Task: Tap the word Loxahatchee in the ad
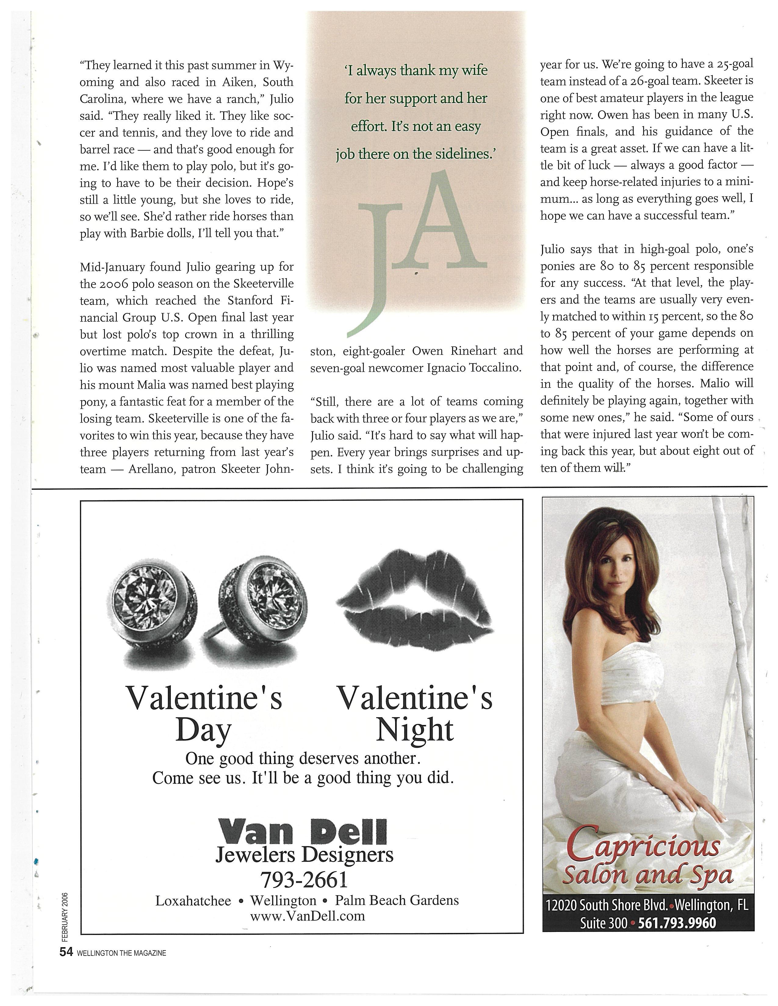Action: click(193, 901)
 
